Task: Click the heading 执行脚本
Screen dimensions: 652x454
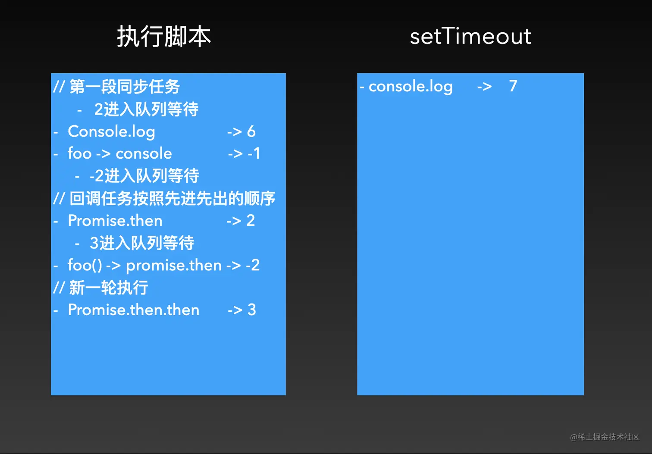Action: click(x=164, y=37)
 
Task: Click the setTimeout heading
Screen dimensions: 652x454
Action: click(x=470, y=36)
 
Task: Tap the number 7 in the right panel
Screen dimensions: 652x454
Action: click(x=513, y=86)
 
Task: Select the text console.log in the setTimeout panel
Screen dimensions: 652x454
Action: click(x=411, y=87)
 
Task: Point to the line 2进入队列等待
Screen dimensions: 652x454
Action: click(x=146, y=109)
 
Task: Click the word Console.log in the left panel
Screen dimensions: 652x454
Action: click(x=112, y=132)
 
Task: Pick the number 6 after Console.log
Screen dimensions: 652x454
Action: click(x=251, y=132)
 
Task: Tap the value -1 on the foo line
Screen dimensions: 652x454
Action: click(x=254, y=153)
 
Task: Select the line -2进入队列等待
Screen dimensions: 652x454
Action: click(x=144, y=175)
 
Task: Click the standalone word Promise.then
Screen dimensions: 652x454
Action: click(x=115, y=220)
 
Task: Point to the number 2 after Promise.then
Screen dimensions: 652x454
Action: click(x=251, y=220)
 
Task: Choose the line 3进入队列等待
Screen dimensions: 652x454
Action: click(x=142, y=243)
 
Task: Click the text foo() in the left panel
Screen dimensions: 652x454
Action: click(x=85, y=265)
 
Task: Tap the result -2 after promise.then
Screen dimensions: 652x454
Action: click(x=253, y=265)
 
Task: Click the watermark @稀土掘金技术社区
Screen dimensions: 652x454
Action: click(x=605, y=437)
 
